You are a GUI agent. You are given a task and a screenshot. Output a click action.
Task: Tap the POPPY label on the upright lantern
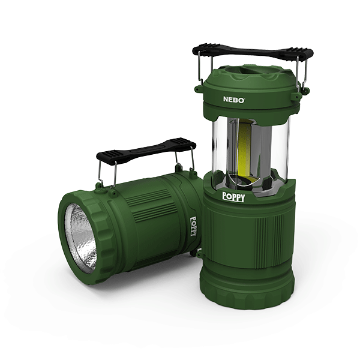(x=233, y=197)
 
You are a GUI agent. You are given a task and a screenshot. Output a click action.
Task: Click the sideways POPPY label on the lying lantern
(x=194, y=226)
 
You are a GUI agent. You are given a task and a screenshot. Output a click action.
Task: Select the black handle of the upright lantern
(x=253, y=53)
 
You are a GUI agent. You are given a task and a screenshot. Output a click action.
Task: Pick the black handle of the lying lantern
(x=146, y=151)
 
